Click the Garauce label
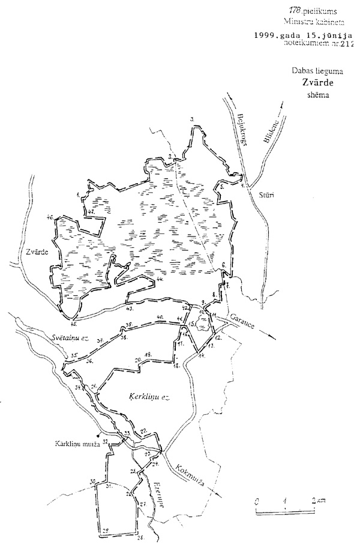pyautogui.click(x=240, y=321)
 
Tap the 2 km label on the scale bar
pyautogui.click(x=318, y=500)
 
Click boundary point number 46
pyautogui.click(x=50, y=217)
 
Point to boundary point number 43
pyautogui.click(x=130, y=309)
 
